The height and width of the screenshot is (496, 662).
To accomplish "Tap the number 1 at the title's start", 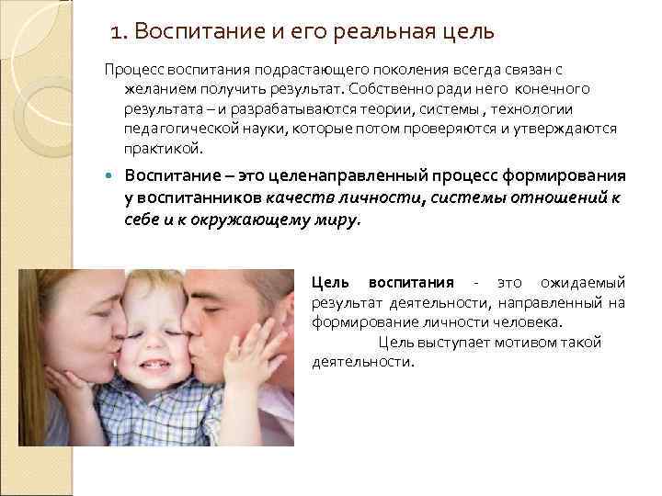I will pyautogui.click(x=116, y=33).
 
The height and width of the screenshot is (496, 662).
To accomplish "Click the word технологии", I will pyautogui.click(x=567, y=109).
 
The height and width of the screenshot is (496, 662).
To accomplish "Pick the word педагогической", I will pyautogui.click(x=176, y=129).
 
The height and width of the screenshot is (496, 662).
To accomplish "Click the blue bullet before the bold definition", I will pyautogui.click(x=109, y=176).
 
